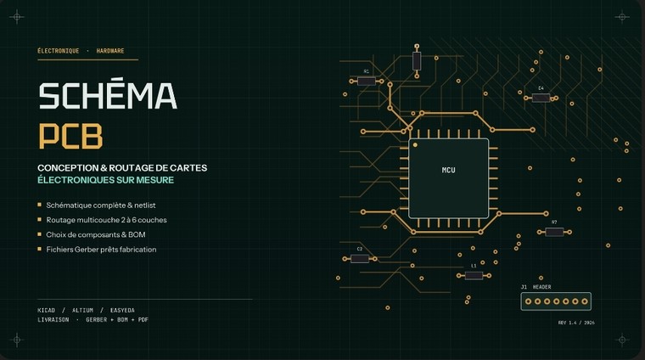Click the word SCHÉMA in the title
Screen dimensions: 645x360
coord(108,95)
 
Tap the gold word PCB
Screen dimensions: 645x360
coord(70,136)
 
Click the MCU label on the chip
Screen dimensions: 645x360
coord(448,170)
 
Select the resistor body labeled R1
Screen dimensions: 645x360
coord(366,81)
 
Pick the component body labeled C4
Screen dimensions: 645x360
coord(541,98)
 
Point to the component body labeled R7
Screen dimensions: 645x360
coord(554,232)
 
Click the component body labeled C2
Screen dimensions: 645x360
coord(360,259)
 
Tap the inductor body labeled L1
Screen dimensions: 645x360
coord(474,276)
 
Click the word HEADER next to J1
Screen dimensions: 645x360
coord(541,287)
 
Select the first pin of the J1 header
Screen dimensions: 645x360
coord(528,301)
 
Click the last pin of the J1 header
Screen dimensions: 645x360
coord(585,301)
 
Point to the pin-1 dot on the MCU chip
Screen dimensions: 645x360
coord(415,145)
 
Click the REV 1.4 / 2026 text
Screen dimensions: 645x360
coord(576,323)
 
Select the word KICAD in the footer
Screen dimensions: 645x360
coord(46,310)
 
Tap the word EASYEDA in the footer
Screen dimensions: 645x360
coord(122,310)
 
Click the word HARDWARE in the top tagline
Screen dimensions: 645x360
coord(110,51)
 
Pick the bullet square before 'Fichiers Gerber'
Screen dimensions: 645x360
coord(40,249)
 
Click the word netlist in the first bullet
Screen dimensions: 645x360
coord(145,205)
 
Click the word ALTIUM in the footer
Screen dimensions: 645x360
coord(82,310)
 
